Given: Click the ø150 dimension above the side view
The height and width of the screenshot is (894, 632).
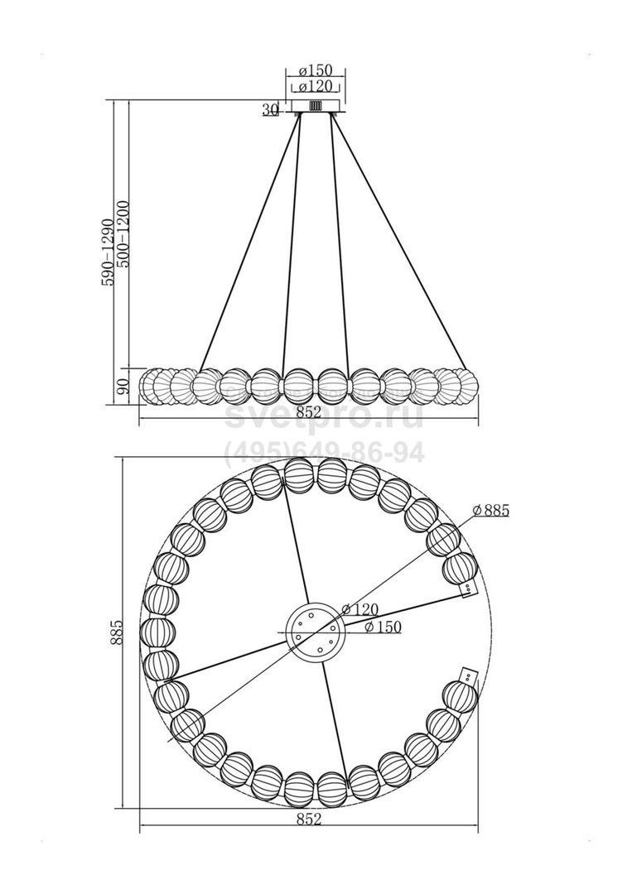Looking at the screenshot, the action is pos(316,70).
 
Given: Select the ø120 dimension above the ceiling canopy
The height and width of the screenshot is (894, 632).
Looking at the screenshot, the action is pos(316,87).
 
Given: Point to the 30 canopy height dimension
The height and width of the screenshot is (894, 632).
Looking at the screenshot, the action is pos(269,109).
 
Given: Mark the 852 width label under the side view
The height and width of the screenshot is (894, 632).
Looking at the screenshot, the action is pos(309,412).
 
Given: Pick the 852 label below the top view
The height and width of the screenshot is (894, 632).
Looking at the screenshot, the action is pos(309,819).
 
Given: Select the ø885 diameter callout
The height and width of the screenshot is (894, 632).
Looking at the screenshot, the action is pos(491,510).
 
